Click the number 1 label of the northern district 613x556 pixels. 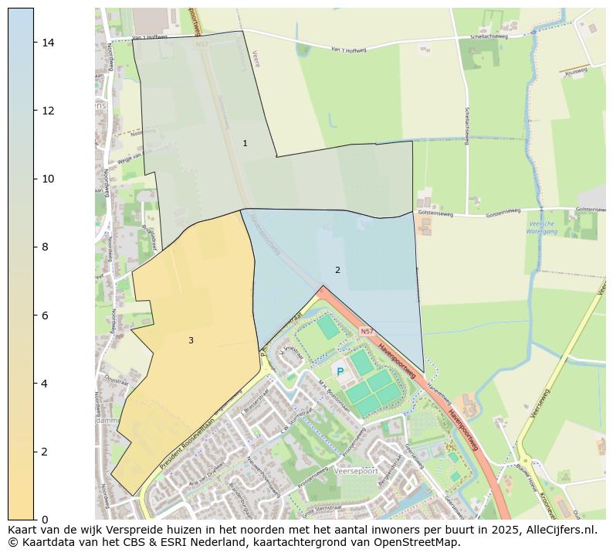pos(245,143)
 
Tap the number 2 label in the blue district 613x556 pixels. pos(337,270)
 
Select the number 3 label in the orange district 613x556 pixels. pos(191,340)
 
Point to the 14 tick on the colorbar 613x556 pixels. pos(48,42)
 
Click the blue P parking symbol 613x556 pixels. pos(340,373)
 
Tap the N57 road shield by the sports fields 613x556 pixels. pos(366,331)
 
